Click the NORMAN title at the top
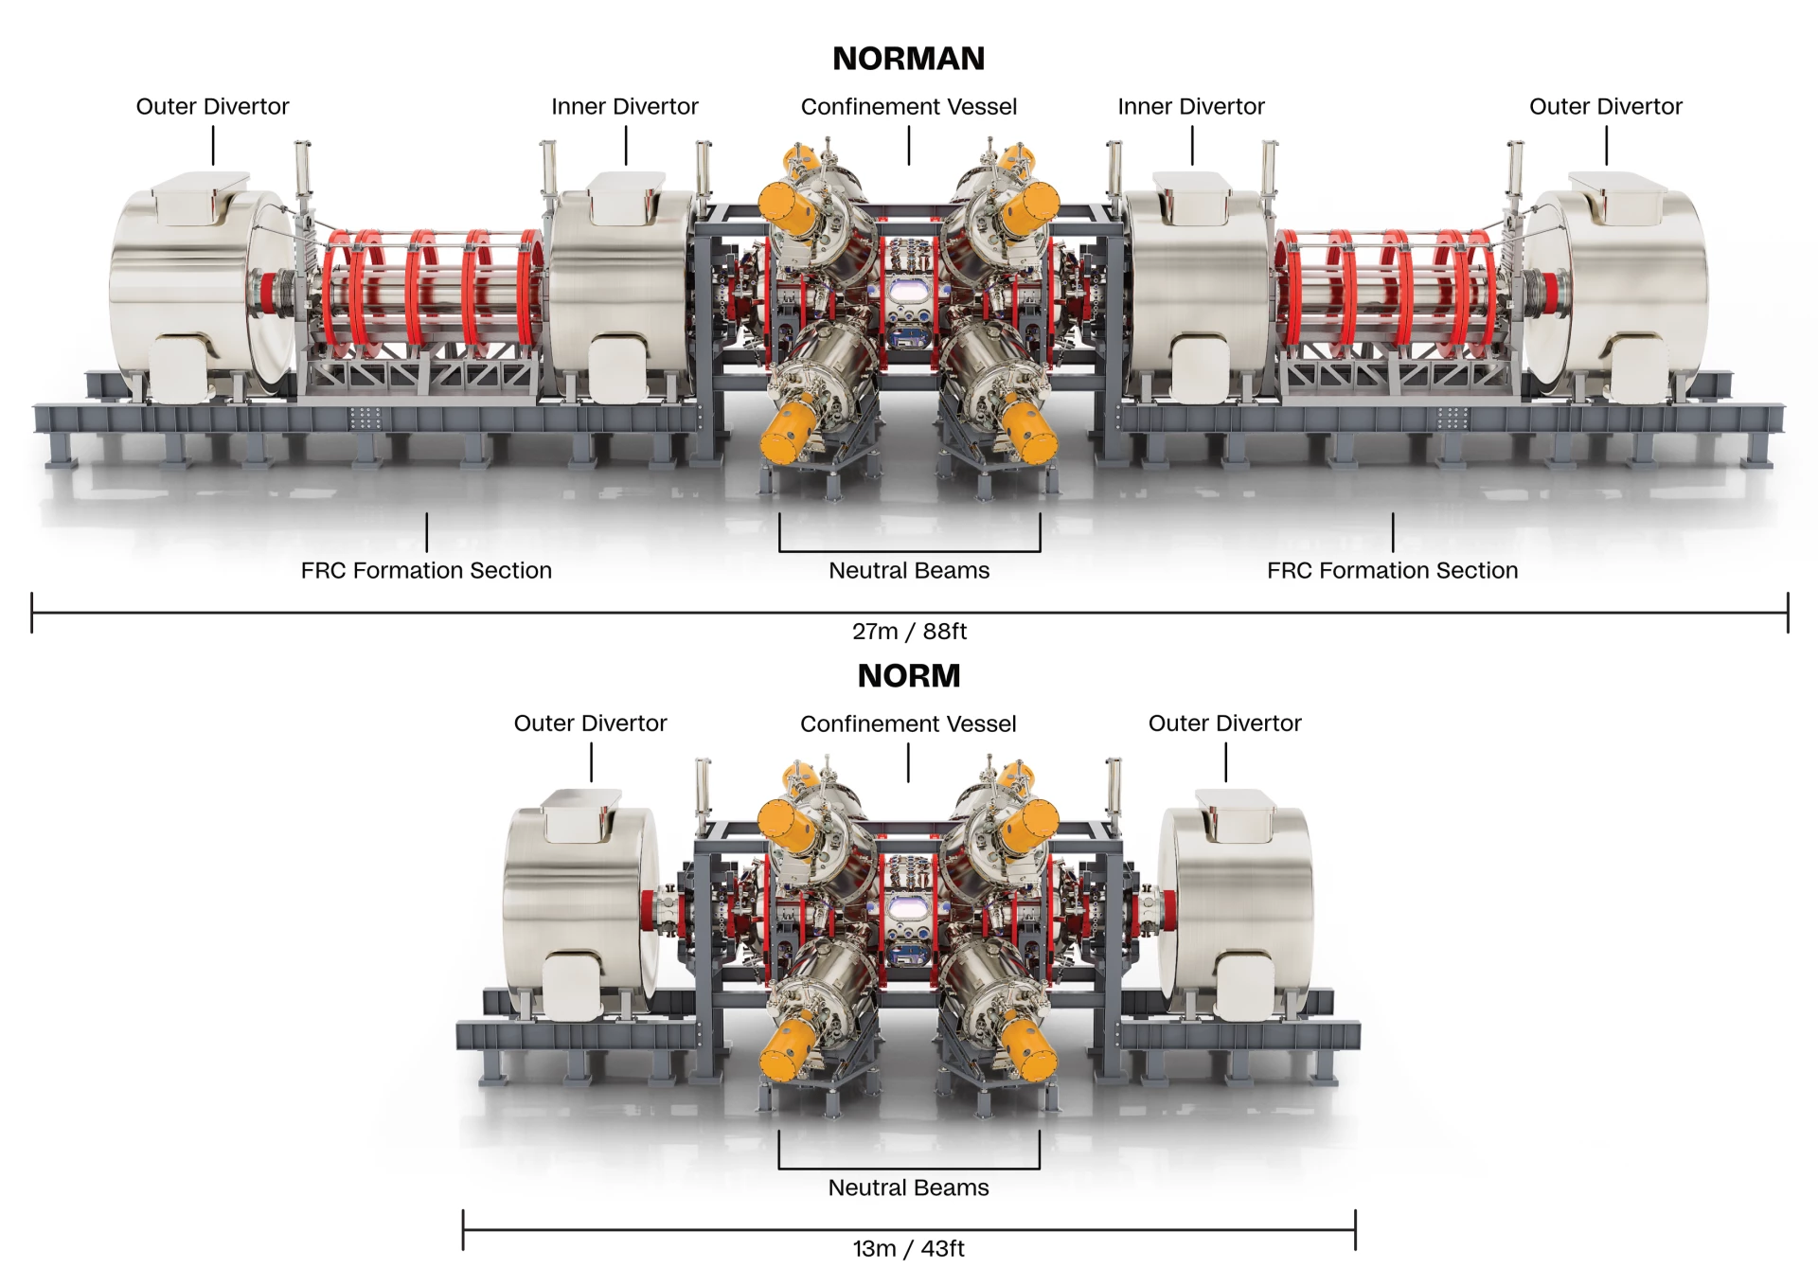[908, 59]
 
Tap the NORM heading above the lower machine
[909, 676]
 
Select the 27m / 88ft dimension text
[909, 631]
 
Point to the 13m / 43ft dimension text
[909, 1248]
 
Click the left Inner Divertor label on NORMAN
[625, 106]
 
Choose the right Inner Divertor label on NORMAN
[1191, 106]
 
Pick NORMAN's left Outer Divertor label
[212, 106]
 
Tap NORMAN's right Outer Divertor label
[1606, 106]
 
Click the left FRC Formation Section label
[426, 570]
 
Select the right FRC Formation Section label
[1393, 570]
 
